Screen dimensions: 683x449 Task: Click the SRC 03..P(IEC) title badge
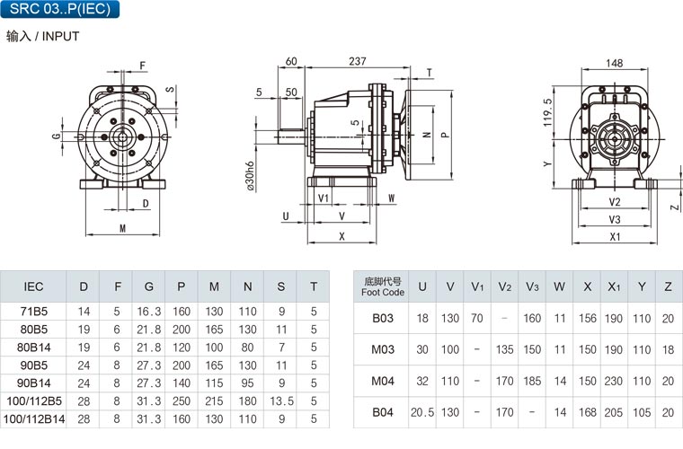tap(59, 9)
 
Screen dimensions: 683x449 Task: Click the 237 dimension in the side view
tap(357, 61)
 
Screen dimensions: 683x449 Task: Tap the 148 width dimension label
tap(614, 63)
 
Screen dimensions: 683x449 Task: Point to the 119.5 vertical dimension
tap(547, 112)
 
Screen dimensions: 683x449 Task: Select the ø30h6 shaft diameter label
tap(250, 176)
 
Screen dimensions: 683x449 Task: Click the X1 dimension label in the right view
tap(615, 237)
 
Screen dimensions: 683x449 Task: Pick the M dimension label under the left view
tap(122, 228)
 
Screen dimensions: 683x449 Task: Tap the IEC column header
tap(33, 286)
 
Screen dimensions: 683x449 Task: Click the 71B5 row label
tap(33, 312)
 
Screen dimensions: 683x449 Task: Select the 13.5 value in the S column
tap(281, 401)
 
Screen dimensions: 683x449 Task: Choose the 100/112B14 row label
tap(34, 419)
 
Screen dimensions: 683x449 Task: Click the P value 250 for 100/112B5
tap(182, 401)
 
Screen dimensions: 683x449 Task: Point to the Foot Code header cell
tap(383, 286)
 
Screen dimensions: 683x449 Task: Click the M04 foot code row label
tap(383, 381)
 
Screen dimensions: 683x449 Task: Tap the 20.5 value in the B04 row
tap(422, 412)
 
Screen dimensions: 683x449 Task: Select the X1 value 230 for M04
tap(613, 381)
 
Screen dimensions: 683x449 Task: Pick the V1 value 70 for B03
tap(477, 319)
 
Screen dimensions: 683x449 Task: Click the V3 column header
tap(532, 286)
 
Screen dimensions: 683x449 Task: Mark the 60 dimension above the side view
tap(291, 61)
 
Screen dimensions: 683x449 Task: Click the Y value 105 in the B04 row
tap(642, 412)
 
